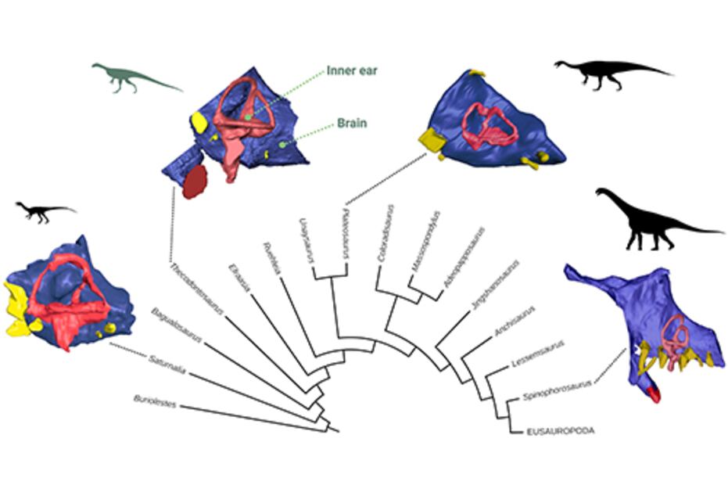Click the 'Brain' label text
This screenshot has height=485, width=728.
[x=351, y=123]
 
